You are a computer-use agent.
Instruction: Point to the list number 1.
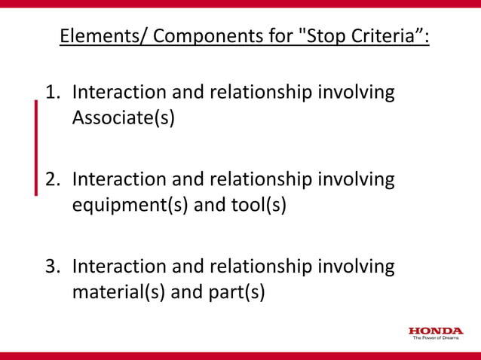tap(52, 93)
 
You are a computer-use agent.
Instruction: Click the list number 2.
tap(52, 179)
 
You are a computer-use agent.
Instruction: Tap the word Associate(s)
tap(124, 118)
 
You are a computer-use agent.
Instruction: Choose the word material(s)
tap(119, 291)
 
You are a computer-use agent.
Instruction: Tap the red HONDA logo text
tap(436, 331)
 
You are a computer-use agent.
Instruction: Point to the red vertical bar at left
tap(35, 148)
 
